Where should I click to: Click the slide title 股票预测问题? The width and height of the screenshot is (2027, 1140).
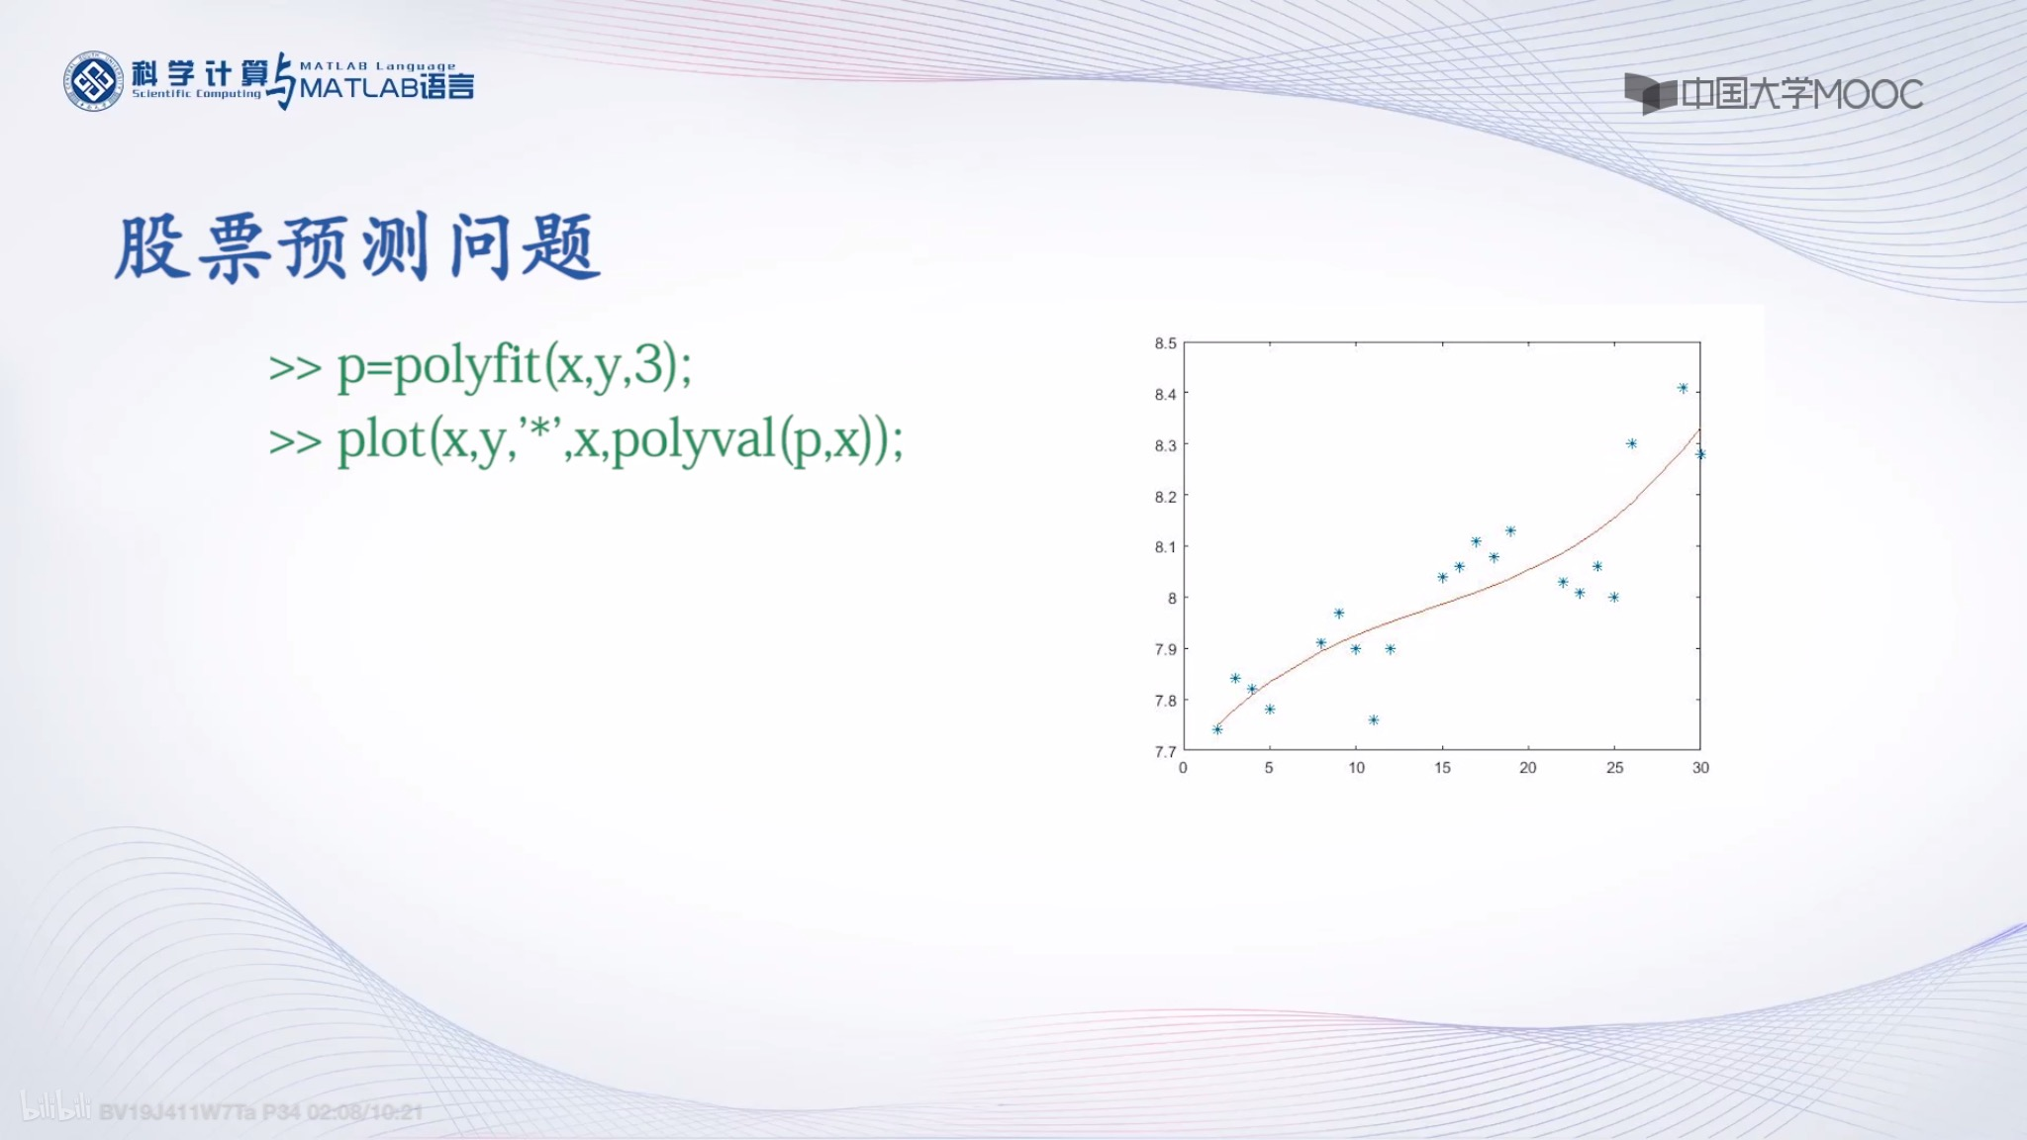point(356,247)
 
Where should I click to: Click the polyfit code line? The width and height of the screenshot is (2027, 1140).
point(480,366)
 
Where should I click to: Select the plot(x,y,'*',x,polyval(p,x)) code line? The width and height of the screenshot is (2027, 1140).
point(586,440)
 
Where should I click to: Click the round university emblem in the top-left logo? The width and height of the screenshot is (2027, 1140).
point(93,81)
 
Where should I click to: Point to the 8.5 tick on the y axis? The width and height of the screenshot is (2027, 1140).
point(1165,343)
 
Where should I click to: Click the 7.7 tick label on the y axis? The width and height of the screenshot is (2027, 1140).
point(1165,751)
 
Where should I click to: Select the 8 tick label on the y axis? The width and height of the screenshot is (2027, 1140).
point(1172,598)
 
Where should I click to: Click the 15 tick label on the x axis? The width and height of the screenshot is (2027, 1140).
point(1442,768)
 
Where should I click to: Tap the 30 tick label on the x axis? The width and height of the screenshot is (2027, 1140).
point(1700,768)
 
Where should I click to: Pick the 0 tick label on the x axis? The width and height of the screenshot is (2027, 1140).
point(1183,768)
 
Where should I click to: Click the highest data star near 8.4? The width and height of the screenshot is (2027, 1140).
point(1683,388)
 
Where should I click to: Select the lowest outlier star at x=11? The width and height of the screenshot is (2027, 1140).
point(1374,719)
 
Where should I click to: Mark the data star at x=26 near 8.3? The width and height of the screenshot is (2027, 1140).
point(1631,443)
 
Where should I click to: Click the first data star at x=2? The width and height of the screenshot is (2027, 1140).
point(1217,729)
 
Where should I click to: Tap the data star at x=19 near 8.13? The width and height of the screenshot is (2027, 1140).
point(1510,531)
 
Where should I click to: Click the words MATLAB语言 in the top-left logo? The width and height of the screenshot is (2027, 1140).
point(386,87)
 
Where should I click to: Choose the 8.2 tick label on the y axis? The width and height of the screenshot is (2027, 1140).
point(1165,496)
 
